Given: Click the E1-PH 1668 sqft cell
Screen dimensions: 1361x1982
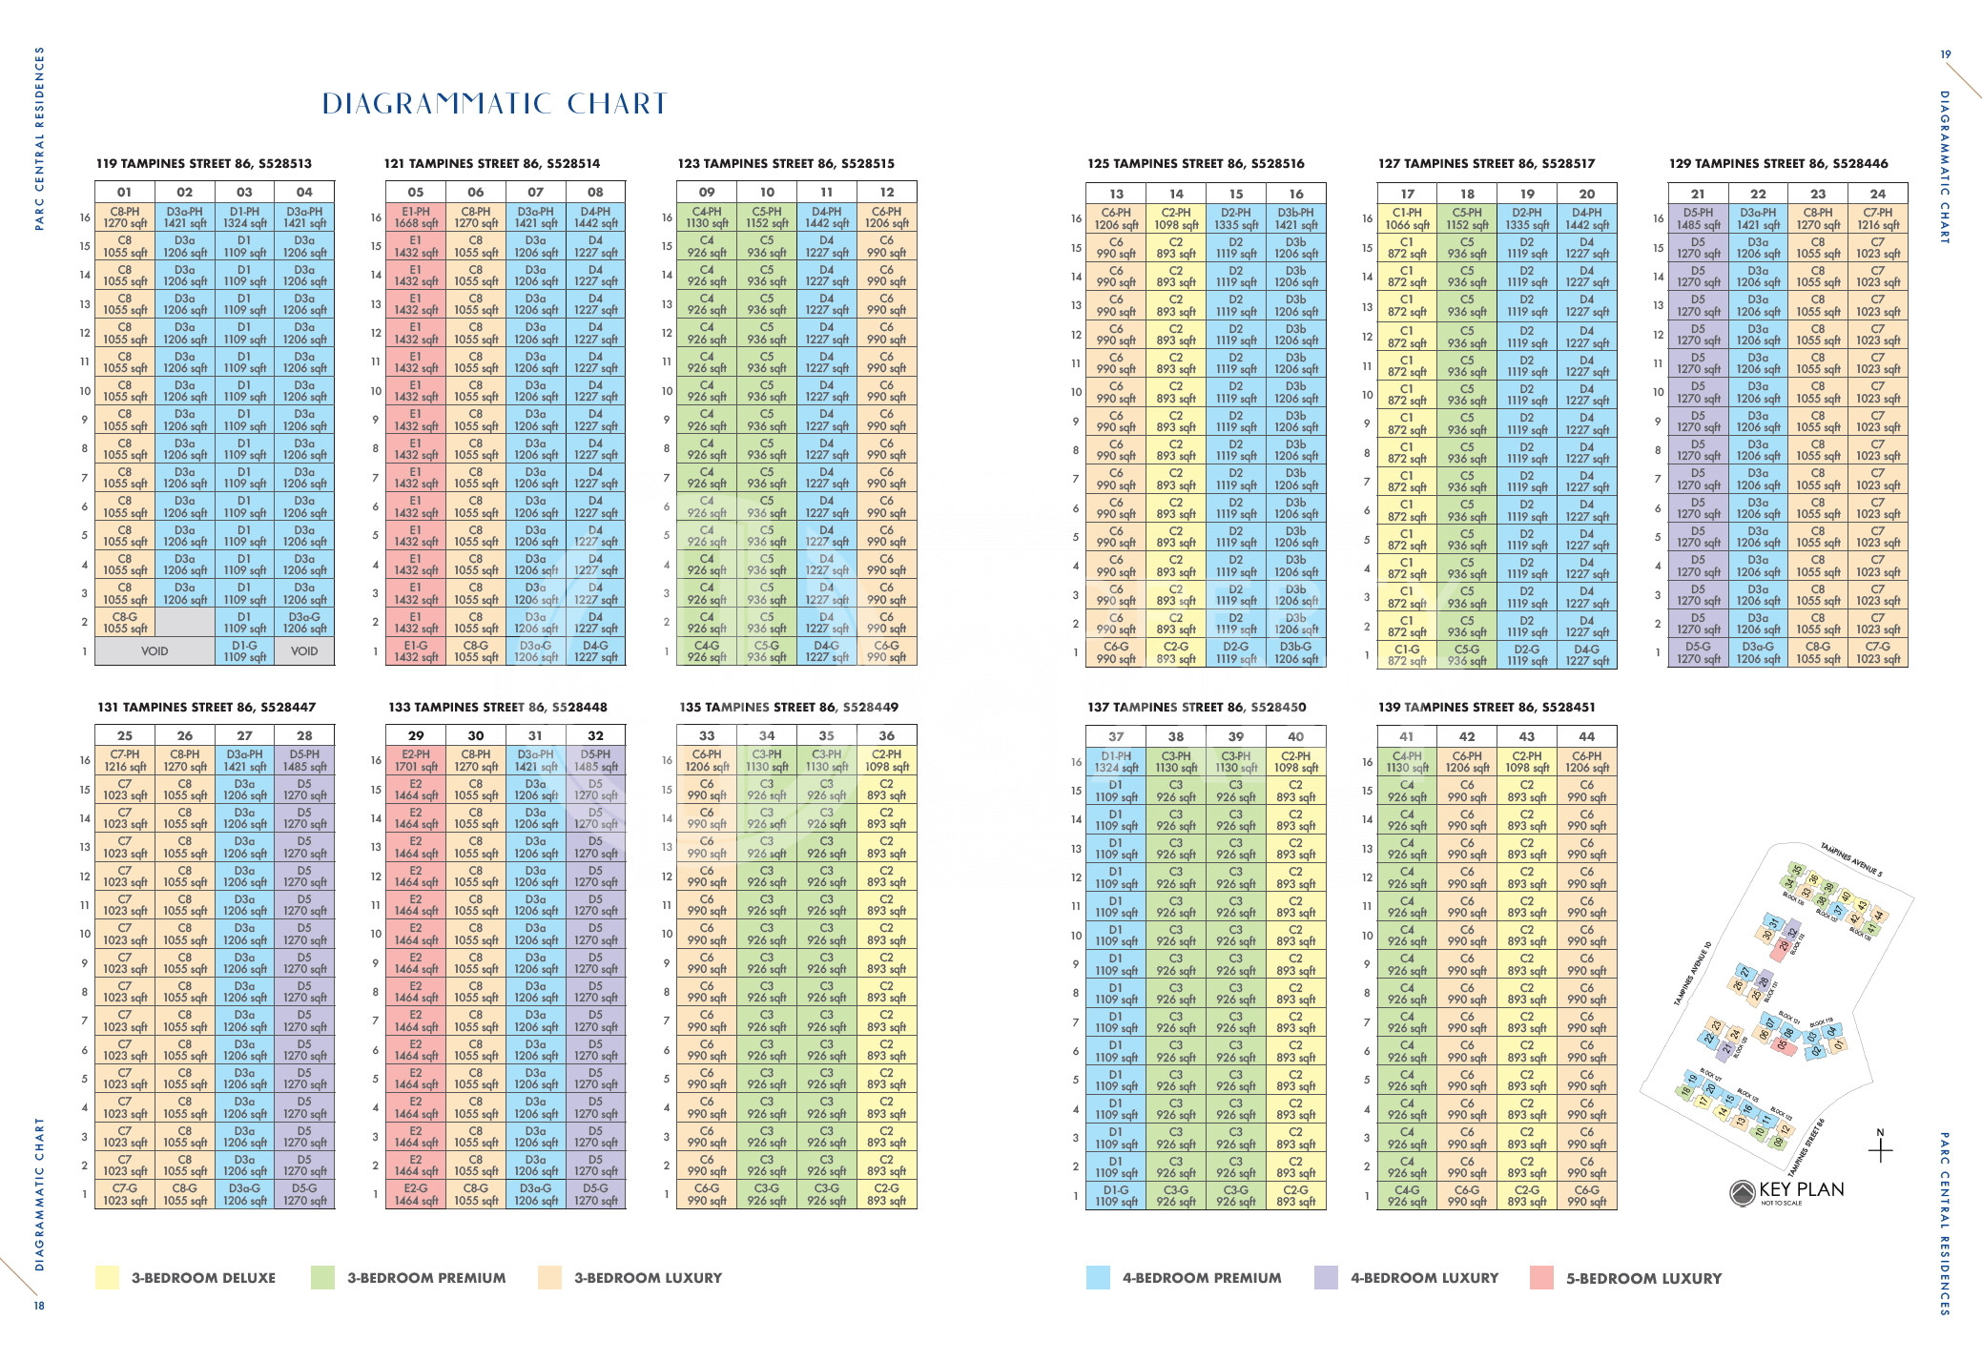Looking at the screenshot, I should pos(416,217).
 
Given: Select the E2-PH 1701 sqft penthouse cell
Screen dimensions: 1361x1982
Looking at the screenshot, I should pos(416,760).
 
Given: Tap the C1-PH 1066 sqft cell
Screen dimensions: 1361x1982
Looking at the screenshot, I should pos(1407,218).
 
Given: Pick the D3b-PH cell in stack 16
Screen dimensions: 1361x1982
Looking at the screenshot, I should pos(1295,218).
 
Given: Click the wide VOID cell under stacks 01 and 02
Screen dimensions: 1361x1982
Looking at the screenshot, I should pos(155,651).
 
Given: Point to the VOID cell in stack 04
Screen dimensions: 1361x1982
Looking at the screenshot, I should pos(304,651).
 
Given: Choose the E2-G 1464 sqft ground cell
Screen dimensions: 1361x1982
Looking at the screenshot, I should pos(416,1194).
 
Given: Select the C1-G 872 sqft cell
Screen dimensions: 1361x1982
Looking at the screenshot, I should pos(1407,654).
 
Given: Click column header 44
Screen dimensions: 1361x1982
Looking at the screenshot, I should pos(1586,736).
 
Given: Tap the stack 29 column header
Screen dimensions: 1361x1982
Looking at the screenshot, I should pos(416,735).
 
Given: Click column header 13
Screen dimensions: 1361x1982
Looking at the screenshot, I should pos(1116,194).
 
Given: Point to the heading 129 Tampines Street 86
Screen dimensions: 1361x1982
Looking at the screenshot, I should pos(1778,163).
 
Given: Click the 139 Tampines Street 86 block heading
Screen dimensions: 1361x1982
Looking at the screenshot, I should pos(1486,707).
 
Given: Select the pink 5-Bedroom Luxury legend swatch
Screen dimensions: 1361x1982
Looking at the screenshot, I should pos(1541,1277).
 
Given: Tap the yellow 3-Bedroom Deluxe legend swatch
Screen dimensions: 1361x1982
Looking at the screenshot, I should pos(107,1277).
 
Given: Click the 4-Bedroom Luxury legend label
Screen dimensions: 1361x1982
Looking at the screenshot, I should pos(1424,1278).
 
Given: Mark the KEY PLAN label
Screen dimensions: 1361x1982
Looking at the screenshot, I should pos(1801,1189).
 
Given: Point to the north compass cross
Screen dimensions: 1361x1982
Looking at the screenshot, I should pos(1880,1150).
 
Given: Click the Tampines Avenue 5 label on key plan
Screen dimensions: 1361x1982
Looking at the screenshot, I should pos(1851,858).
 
